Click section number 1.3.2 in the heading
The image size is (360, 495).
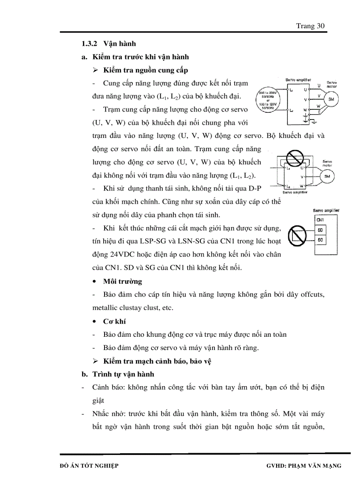(90, 44)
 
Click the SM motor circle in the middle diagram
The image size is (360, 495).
(327, 177)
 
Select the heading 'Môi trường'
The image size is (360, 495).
(122, 281)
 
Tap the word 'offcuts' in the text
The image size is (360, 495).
(313, 294)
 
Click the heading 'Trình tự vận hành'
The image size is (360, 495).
(123, 374)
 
